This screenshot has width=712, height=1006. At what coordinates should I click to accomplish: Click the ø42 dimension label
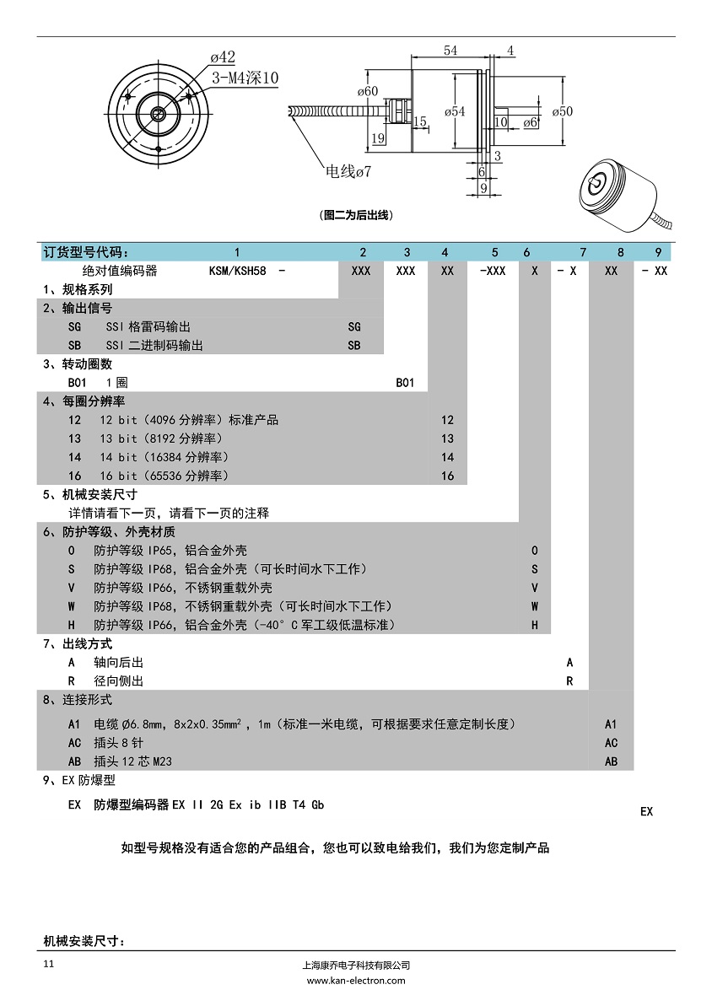[223, 57]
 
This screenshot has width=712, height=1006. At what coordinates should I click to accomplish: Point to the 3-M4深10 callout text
[245, 78]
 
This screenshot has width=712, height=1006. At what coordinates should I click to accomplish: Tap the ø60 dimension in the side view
[367, 91]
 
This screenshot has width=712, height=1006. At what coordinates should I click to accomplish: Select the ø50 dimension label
[562, 111]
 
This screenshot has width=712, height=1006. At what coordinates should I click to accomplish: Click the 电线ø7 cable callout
[348, 172]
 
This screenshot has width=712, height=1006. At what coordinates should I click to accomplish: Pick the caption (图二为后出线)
[357, 215]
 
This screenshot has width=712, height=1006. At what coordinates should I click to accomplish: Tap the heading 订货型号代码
[88, 252]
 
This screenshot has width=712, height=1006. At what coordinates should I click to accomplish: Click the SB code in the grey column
[354, 345]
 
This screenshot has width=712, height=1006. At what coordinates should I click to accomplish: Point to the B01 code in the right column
[406, 382]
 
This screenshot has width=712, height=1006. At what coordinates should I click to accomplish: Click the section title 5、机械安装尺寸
[89, 494]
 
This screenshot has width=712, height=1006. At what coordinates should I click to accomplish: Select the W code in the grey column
[535, 606]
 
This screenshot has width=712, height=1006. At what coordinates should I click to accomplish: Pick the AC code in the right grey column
[612, 743]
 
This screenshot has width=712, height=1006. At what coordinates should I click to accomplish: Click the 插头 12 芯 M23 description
[132, 761]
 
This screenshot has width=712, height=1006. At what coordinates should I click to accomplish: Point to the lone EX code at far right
[646, 811]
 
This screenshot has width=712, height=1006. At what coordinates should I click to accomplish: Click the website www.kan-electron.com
[355, 981]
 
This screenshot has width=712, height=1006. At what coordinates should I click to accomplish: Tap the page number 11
[48, 964]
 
